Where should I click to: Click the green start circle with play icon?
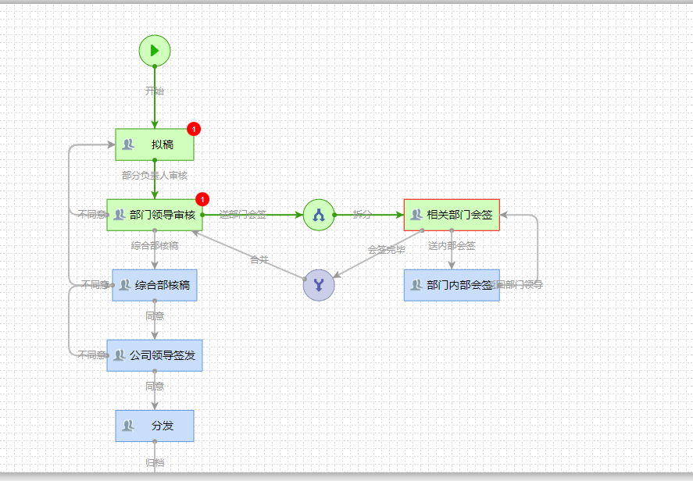155,51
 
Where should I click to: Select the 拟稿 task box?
155,144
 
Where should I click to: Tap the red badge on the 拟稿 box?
194,129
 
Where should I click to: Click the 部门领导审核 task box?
155,215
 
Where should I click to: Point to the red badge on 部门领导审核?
203,199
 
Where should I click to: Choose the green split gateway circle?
319,215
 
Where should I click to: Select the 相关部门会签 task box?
452,215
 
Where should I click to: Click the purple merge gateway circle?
319,285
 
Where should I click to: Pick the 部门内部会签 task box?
452,285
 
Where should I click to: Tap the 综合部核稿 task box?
155,285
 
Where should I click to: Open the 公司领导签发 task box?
155,355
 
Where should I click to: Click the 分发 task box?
155,426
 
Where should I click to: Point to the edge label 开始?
155,91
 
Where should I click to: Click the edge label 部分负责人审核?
155,176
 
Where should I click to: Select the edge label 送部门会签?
243,214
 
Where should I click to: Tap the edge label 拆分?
363,214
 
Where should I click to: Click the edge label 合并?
259,259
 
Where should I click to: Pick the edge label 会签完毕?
387,250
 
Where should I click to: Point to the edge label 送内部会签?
452,246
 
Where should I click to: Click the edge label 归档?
155,463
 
